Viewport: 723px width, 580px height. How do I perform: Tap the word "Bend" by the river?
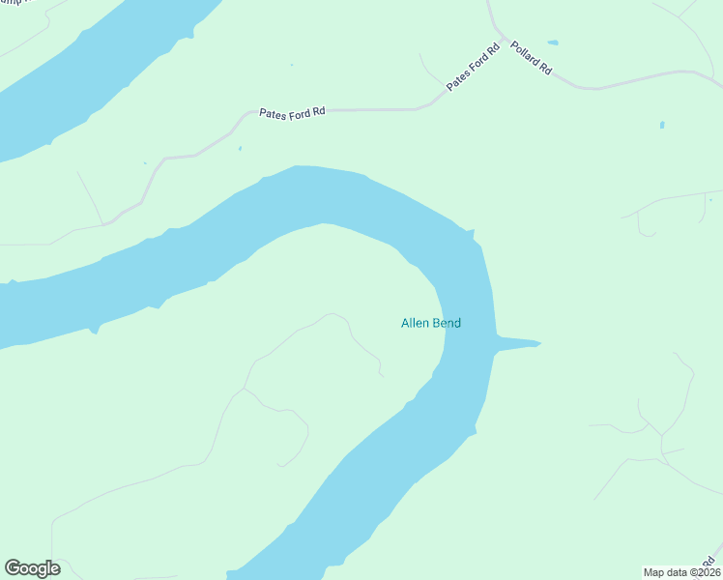click(x=448, y=323)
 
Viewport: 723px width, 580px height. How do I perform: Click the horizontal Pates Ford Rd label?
click(x=292, y=112)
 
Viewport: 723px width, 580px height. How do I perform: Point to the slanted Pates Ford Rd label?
click(x=473, y=68)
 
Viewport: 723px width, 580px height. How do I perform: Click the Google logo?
click(x=32, y=568)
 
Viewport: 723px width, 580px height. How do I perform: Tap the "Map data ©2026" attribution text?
click(x=681, y=571)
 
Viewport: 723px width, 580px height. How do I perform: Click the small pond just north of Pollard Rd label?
click(x=552, y=43)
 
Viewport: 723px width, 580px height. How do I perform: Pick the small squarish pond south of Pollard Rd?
click(x=662, y=125)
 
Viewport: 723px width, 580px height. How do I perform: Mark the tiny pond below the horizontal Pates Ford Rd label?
click(x=240, y=148)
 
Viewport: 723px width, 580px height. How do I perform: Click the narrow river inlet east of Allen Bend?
click(x=517, y=343)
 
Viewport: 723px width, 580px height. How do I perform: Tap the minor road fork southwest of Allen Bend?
click(x=246, y=390)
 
